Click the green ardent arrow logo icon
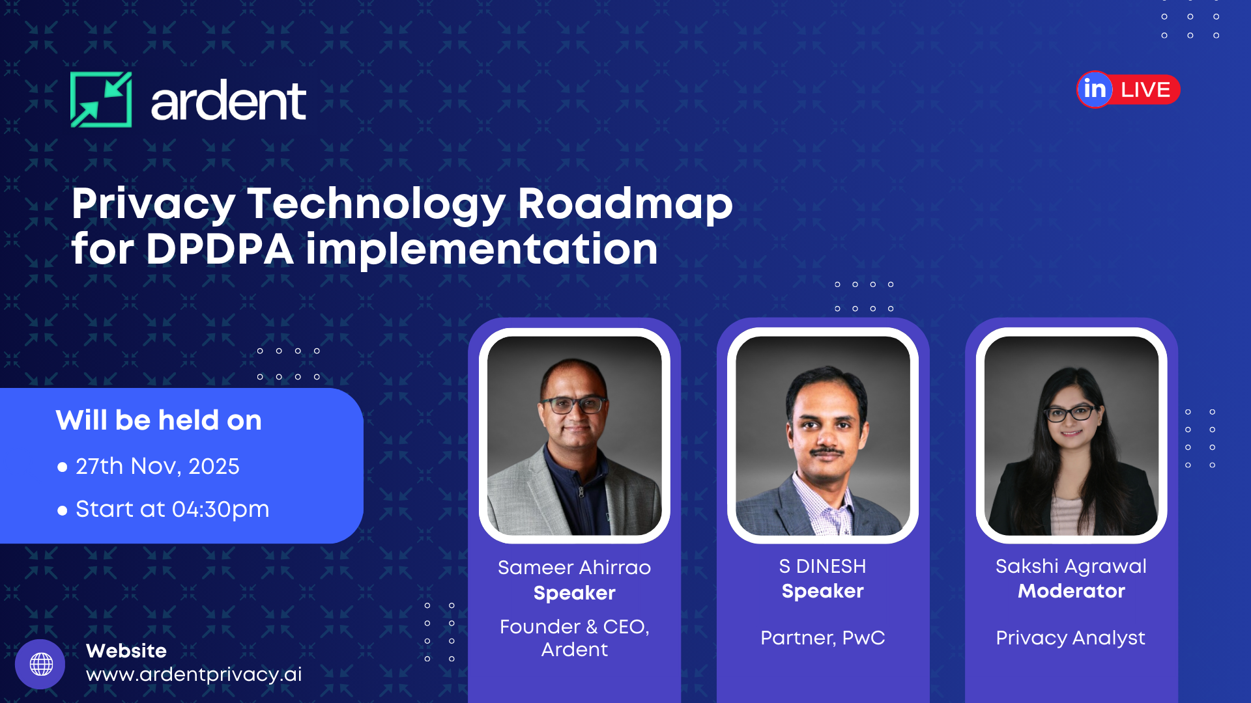click(101, 100)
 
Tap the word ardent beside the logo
click(228, 102)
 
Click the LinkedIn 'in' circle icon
click(1095, 89)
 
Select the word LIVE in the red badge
click(1145, 90)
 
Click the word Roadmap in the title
click(625, 204)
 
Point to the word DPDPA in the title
click(220, 249)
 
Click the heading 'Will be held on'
click(158, 420)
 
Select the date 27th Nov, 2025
click(157, 466)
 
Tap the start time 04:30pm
click(220, 509)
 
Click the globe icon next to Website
click(40, 664)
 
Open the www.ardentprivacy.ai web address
click(194, 674)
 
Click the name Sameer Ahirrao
click(574, 568)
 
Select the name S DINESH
click(822, 566)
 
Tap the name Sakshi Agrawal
click(1071, 566)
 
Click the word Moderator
click(1071, 591)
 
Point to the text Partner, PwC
click(822, 638)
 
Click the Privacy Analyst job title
click(1070, 638)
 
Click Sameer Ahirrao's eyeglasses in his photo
click(573, 404)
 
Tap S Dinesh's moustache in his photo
click(826, 451)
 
